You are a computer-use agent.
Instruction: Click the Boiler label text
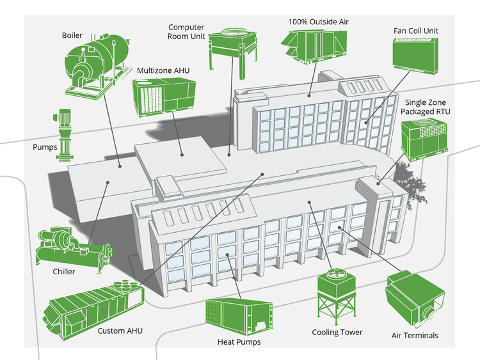coord(72,35)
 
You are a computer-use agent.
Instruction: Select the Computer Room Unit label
coord(186,31)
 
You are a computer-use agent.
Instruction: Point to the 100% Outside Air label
coord(318,21)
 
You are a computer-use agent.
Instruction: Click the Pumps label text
coord(45,147)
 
